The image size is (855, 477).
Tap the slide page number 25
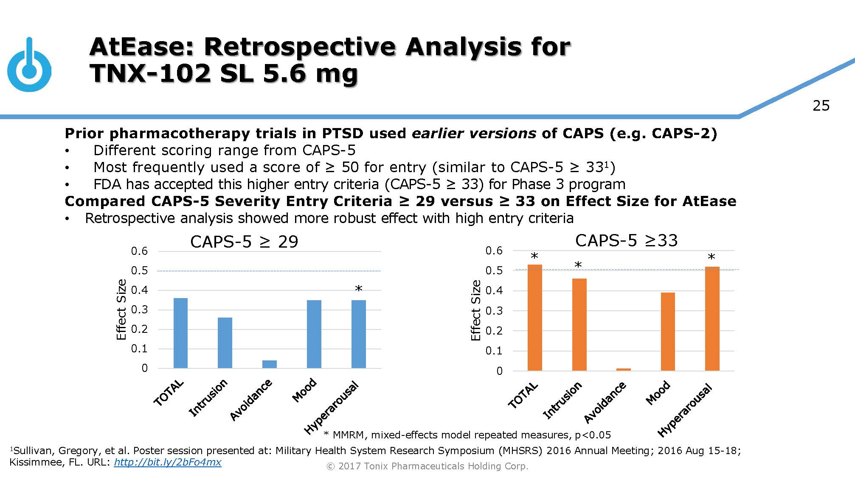click(821, 106)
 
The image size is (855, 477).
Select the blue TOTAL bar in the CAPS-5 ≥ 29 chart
click(180, 333)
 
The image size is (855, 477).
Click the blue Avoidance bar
click(269, 364)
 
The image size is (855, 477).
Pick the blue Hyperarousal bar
click(358, 334)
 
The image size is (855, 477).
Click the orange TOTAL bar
click(534, 318)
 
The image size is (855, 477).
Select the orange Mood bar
click(667, 332)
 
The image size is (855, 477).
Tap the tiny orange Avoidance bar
click(623, 369)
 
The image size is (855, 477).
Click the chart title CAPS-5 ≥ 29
click(244, 242)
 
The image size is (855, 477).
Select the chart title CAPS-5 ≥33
click(626, 240)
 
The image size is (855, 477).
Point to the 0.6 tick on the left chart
click(139, 251)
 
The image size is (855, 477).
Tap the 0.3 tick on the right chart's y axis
click(494, 311)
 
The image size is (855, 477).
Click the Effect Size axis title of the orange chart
click(475, 310)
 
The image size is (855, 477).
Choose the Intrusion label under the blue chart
click(208, 398)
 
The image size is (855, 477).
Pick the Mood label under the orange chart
click(658, 393)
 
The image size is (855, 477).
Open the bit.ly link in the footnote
click(168, 462)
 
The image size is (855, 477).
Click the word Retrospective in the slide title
click(300, 47)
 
